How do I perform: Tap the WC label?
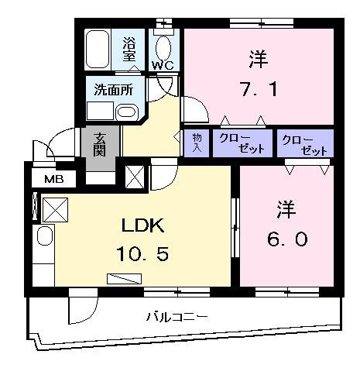(x=162, y=65)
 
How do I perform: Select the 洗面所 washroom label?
(x=113, y=90)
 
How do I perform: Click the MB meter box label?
(x=53, y=181)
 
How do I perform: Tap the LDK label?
(x=141, y=226)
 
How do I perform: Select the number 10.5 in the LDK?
(x=141, y=253)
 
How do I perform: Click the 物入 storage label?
(x=196, y=143)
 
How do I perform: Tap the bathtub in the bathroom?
(x=98, y=50)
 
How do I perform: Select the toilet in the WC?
(x=164, y=43)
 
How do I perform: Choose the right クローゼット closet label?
(x=303, y=144)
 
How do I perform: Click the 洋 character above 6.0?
(x=286, y=209)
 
